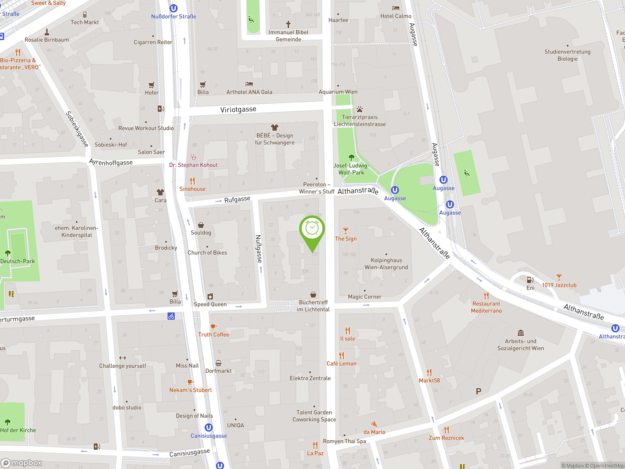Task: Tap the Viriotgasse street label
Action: point(238,109)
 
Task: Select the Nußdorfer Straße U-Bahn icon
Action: point(174,8)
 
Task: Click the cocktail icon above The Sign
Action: point(345,231)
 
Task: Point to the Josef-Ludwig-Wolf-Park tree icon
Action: point(351,157)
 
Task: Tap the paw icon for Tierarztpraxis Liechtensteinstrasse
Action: point(359,109)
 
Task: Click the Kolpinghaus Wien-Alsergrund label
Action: point(386,264)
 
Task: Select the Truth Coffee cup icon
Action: point(214,327)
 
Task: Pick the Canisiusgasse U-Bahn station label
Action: point(208,436)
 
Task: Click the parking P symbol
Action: point(478,391)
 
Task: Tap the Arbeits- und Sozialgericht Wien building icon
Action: point(521,333)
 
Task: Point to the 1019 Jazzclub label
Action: point(559,285)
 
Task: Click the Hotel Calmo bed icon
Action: point(396,8)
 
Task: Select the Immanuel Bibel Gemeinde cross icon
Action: point(288,24)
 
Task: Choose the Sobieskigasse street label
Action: point(77,129)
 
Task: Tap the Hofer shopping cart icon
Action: point(151,85)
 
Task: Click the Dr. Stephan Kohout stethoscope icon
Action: point(193,157)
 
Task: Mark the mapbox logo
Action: point(21,463)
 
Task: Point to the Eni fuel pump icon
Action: point(530,280)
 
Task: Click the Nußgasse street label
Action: point(258,249)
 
